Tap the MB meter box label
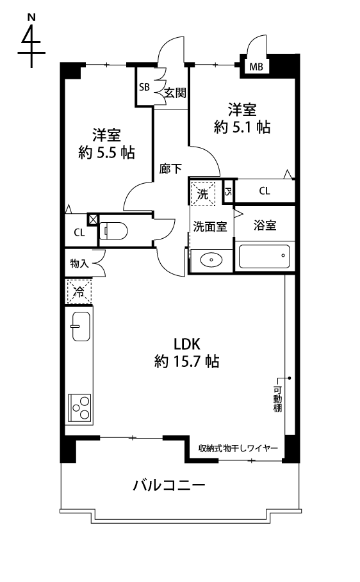point(255,67)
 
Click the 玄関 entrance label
point(174,93)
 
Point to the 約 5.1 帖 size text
point(241,127)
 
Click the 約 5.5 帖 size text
point(106,152)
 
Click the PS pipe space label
point(228,191)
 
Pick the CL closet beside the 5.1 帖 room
point(264,191)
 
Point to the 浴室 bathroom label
point(265,225)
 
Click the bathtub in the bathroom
point(264,257)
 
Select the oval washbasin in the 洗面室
point(210,261)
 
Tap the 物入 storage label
point(79,263)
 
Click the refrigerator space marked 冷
point(79,292)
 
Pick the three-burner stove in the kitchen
point(79,407)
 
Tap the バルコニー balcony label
point(169,485)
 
